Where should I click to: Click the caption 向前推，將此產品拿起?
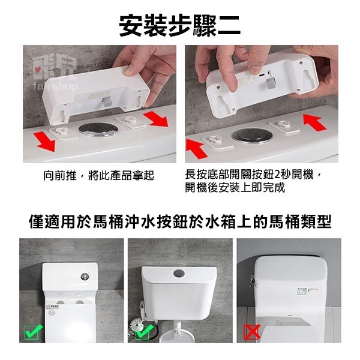99,175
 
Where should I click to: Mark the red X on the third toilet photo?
252,331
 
